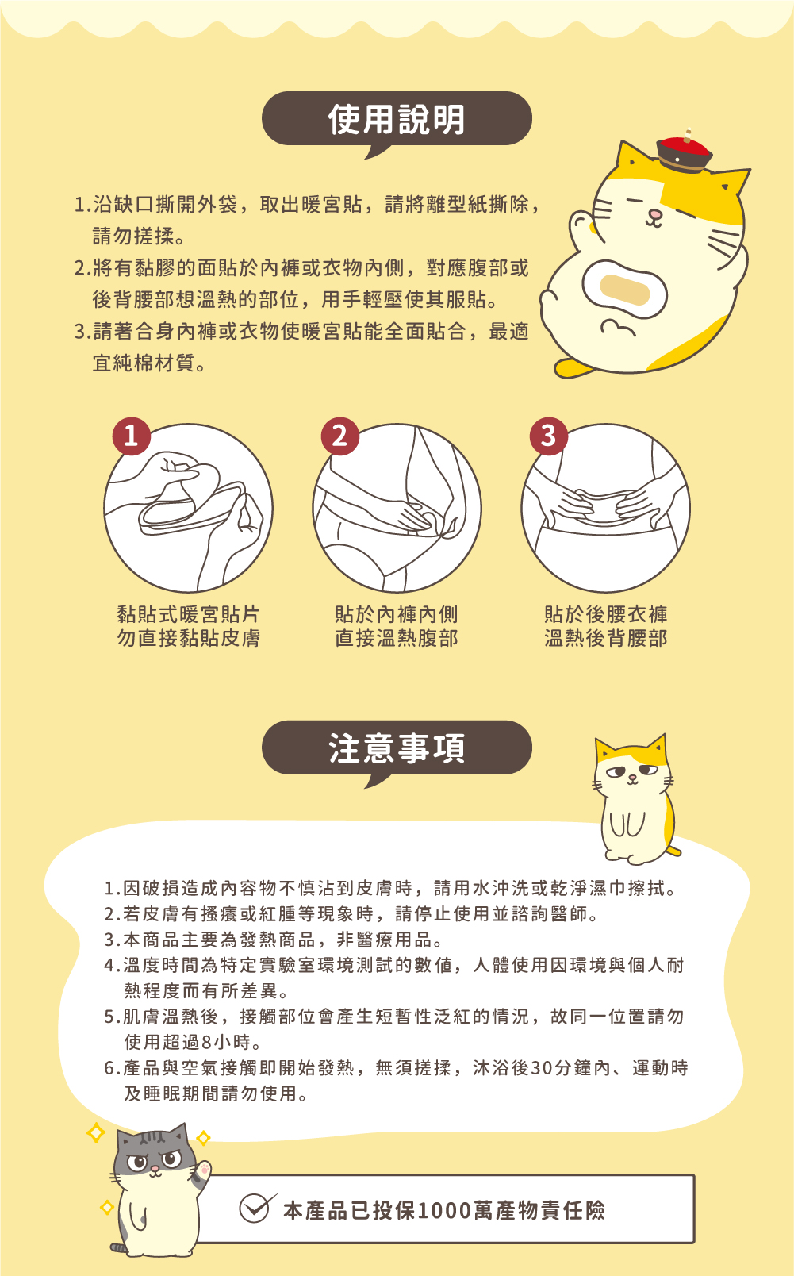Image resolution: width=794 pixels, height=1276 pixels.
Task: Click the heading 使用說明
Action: click(397, 120)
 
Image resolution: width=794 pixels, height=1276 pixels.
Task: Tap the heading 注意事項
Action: click(397, 748)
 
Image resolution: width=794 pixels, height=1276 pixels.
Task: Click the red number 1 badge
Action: click(132, 436)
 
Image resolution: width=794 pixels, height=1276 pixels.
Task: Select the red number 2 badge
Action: click(339, 436)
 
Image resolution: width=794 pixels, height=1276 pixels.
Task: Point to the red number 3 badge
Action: click(548, 436)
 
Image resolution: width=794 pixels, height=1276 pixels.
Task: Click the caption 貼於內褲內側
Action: click(396, 614)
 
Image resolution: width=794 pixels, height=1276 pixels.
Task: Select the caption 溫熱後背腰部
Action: click(605, 638)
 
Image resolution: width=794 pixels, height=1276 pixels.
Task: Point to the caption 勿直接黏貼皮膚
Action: click(189, 638)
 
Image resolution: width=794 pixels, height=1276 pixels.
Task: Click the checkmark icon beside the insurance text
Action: click(256, 1208)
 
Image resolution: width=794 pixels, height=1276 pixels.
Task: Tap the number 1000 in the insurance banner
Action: click(444, 1210)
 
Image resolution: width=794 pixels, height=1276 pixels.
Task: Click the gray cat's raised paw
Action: click(204, 1170)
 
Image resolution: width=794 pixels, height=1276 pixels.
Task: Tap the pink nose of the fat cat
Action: click(654, 214)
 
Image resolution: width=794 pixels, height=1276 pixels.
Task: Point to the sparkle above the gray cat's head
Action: click(95, 1132)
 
